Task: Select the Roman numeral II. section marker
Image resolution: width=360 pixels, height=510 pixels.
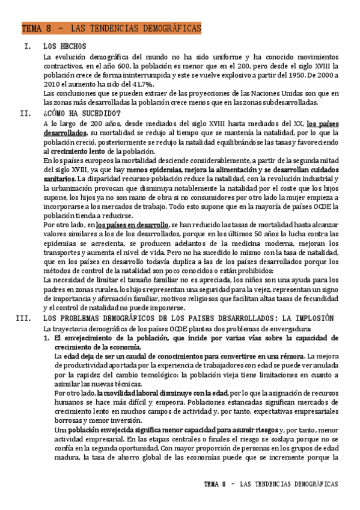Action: click(25, 112)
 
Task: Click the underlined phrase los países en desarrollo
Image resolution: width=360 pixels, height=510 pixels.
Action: click(132, 224)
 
